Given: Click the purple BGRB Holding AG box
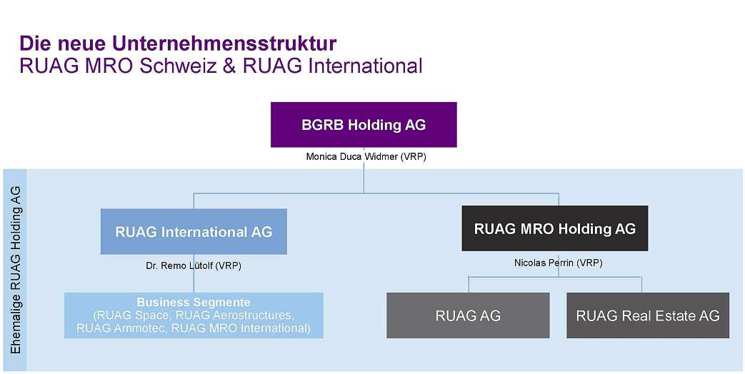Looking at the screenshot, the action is [x=364, y=125].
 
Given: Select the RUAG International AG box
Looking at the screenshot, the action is [x=194, y=232].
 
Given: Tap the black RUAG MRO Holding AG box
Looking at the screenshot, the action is [x=554, y=228].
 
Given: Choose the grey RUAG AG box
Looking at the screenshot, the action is [x=468, y=315].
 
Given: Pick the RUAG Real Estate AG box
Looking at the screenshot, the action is [x=648, y=315].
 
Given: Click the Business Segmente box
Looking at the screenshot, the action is [x=194, y=315].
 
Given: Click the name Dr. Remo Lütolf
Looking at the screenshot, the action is [x=179, y=266].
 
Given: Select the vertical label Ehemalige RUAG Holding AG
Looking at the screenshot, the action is [x=16, y=270].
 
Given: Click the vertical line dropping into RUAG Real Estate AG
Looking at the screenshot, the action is [x=642, y=284].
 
